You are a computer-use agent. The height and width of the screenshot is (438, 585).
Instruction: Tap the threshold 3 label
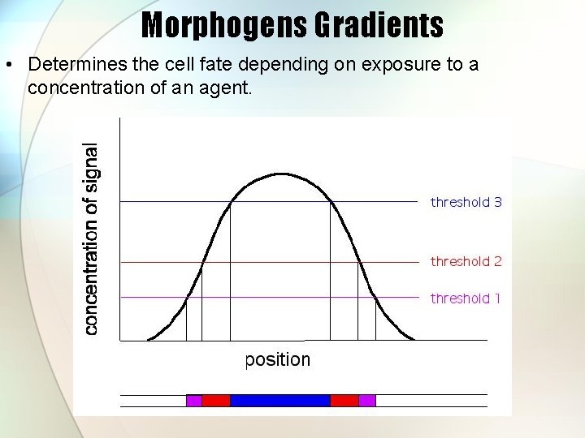[466, 202]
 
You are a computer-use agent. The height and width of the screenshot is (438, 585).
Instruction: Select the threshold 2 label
[466, 261]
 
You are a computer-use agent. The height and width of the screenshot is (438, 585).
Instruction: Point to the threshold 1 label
[466, 298]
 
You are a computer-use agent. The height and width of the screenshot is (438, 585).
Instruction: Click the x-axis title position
[278, 359]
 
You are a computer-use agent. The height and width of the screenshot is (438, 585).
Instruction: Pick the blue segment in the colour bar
[280, 400]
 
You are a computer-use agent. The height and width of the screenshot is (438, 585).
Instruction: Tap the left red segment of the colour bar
[215, 400]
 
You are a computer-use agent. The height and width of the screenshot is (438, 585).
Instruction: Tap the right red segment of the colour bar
[344, 400]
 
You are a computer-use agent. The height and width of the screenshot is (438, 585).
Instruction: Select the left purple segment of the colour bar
[193, 400]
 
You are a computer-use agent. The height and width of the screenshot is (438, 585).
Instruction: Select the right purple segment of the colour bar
[366, 400]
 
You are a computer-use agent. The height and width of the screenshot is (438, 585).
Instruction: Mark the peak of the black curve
[280, 174]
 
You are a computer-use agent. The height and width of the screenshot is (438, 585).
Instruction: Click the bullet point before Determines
[9, 65]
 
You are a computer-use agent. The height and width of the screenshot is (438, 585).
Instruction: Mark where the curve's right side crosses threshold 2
[357, 262]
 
